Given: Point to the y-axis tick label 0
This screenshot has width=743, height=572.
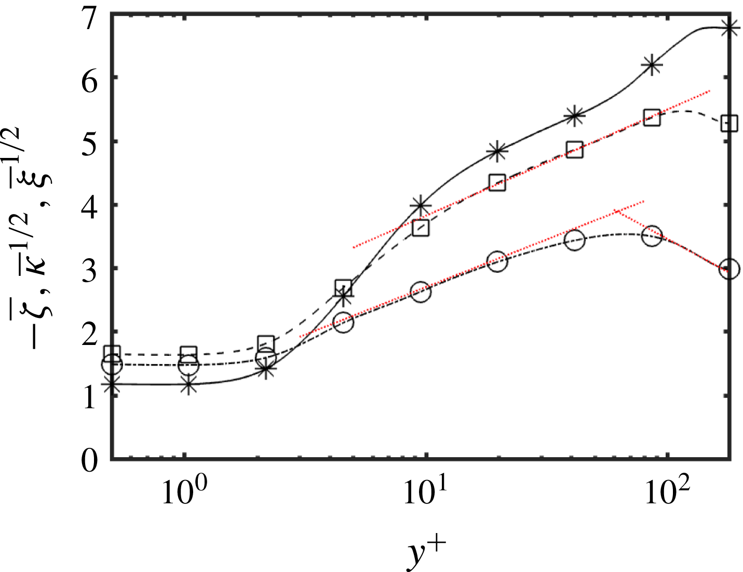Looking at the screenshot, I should pos(89,460).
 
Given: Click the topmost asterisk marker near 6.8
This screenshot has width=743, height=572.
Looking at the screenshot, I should pos(730,28).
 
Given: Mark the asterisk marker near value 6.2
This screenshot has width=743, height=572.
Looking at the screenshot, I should pos(652,65).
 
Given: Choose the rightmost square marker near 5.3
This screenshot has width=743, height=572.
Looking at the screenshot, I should pos(730,124).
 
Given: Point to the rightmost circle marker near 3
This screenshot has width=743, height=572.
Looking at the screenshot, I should pos(730,269).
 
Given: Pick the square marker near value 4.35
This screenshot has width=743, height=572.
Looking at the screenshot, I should pos(497,183).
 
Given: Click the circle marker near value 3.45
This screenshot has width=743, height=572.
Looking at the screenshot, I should pos(574,240).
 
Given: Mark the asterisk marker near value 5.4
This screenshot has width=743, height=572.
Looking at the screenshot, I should pos(574,116).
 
